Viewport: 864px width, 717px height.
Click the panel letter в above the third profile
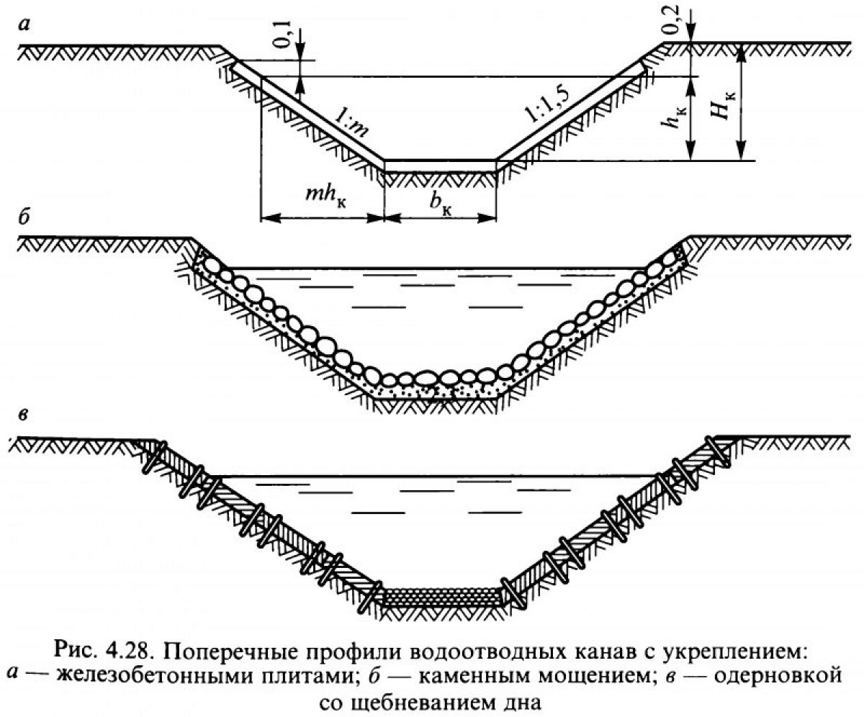coord(24,415)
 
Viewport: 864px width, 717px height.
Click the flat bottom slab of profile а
coord(440,166)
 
